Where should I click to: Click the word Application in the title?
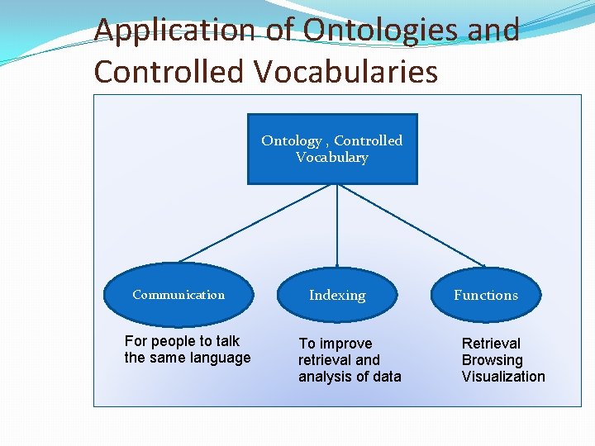(175, 31)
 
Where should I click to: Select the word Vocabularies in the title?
(346, 71)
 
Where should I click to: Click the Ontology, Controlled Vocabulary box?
(332, 149)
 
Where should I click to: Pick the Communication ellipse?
(178, 295)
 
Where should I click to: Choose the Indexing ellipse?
(337, 295)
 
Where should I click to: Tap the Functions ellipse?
(486, 295)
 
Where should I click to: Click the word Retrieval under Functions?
(491, 343)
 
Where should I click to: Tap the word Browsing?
(492, 360)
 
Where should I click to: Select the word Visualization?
(503, 377)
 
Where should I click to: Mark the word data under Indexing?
(386, 377)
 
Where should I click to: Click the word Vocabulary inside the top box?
(332, 157)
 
